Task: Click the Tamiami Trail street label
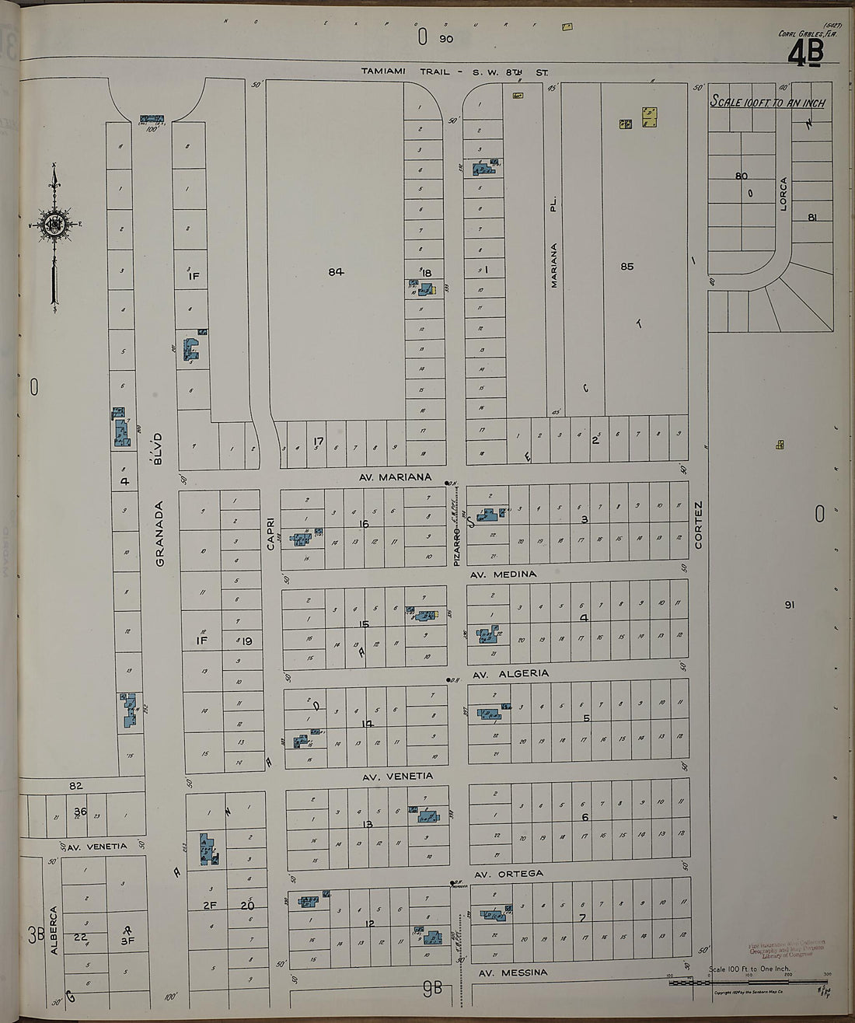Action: tap(455, 72)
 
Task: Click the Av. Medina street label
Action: tap(504, 574)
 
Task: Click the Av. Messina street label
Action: tap(513, 972)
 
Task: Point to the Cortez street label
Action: tap(698, 525)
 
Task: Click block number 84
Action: tap(335, 271)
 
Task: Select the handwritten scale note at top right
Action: tap(767, 103)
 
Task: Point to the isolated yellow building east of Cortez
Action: tap(780, 445)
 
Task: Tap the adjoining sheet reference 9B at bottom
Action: tap(432, 989)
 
